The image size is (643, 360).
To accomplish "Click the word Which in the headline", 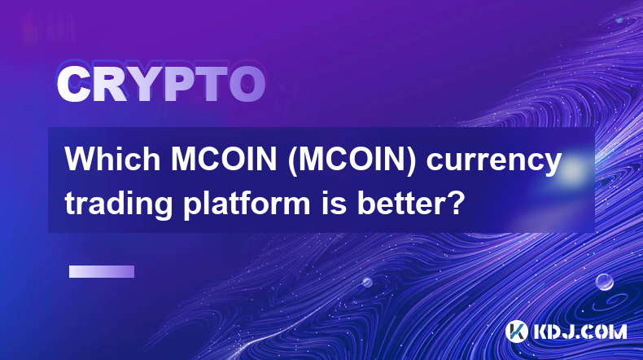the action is pos(112,160).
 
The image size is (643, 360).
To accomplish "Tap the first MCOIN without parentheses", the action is pos(224,160).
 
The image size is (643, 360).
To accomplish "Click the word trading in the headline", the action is pos(119,204).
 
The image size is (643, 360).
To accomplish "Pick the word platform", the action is pos(247,204).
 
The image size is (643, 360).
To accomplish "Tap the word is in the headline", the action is pos(331,202).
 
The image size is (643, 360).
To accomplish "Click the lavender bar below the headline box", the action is pos(102,271).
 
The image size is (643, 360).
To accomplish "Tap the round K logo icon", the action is pos(516,331).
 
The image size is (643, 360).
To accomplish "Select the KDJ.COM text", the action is pos(580,331).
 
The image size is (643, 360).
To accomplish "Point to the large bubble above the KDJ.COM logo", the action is pos(604,282).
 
